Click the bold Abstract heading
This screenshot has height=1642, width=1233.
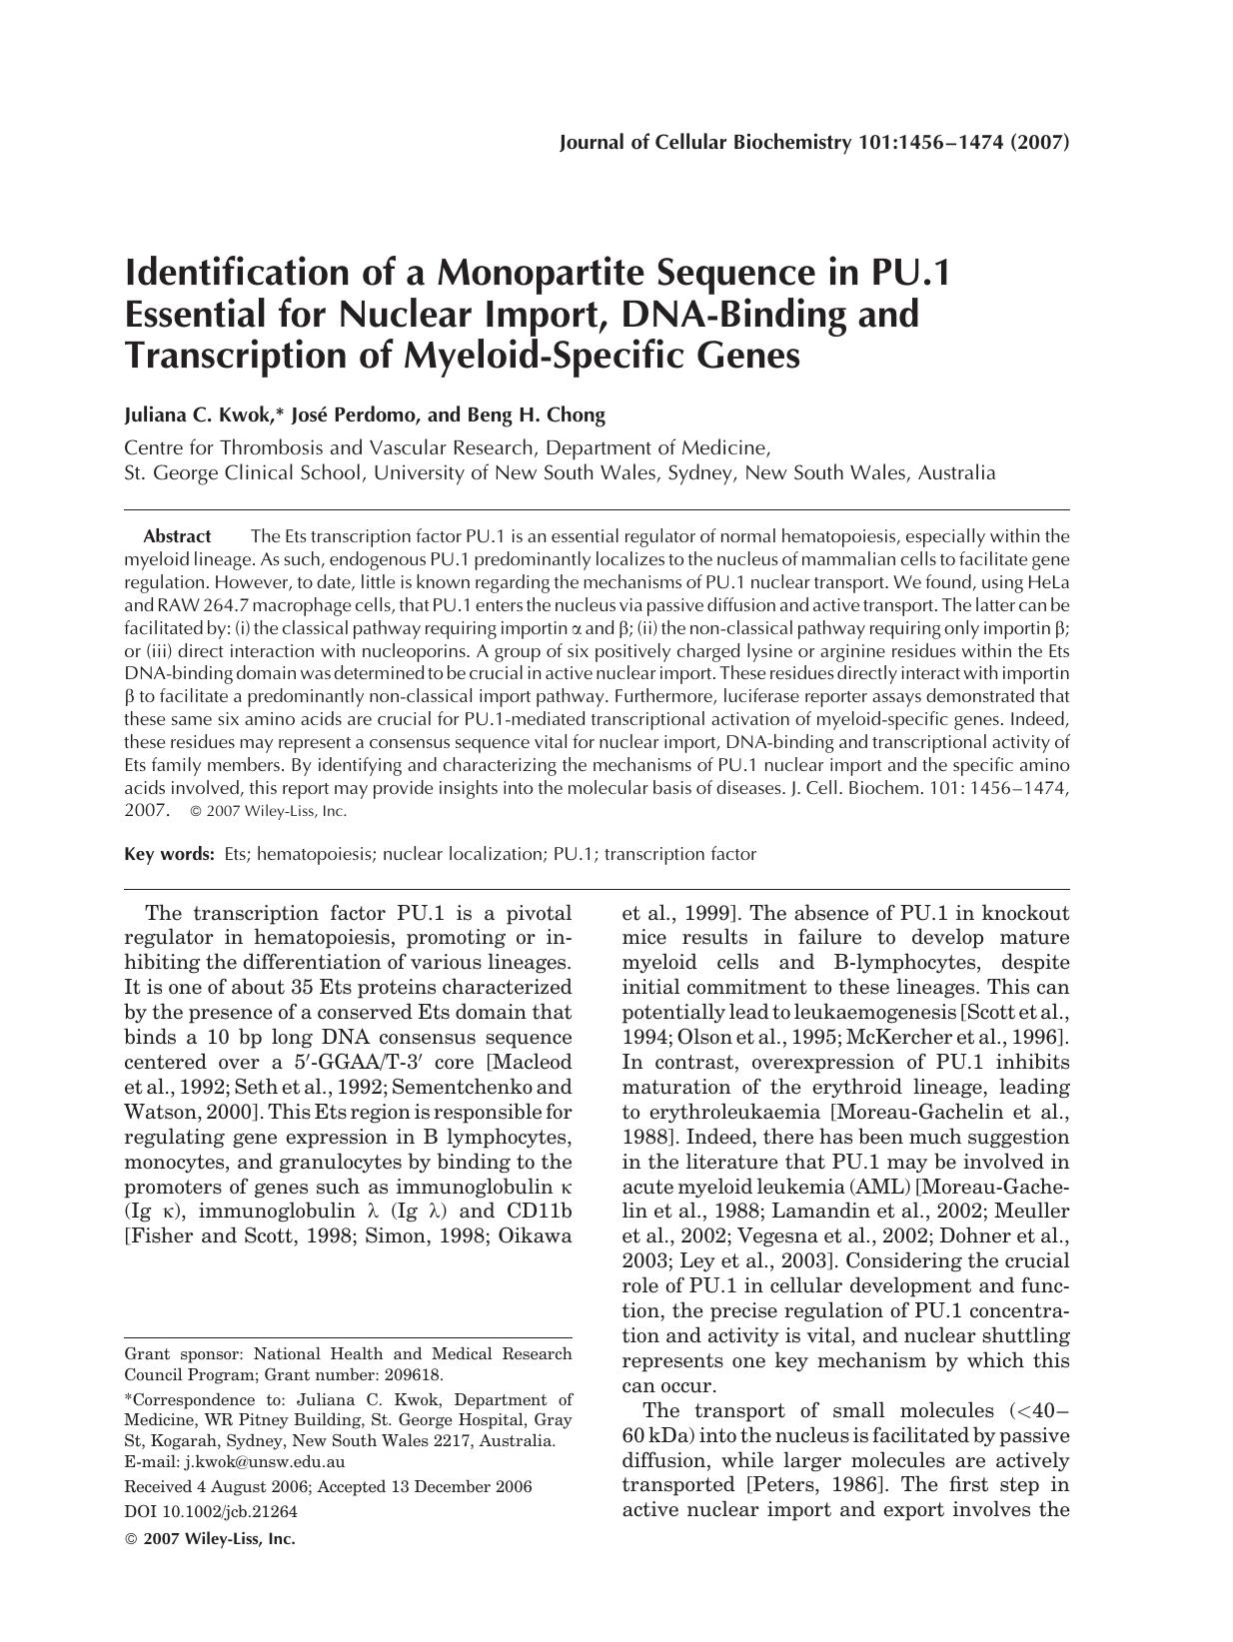[x=177, y=536]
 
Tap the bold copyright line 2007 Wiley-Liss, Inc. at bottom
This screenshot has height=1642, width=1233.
[x=219, y=1539]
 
